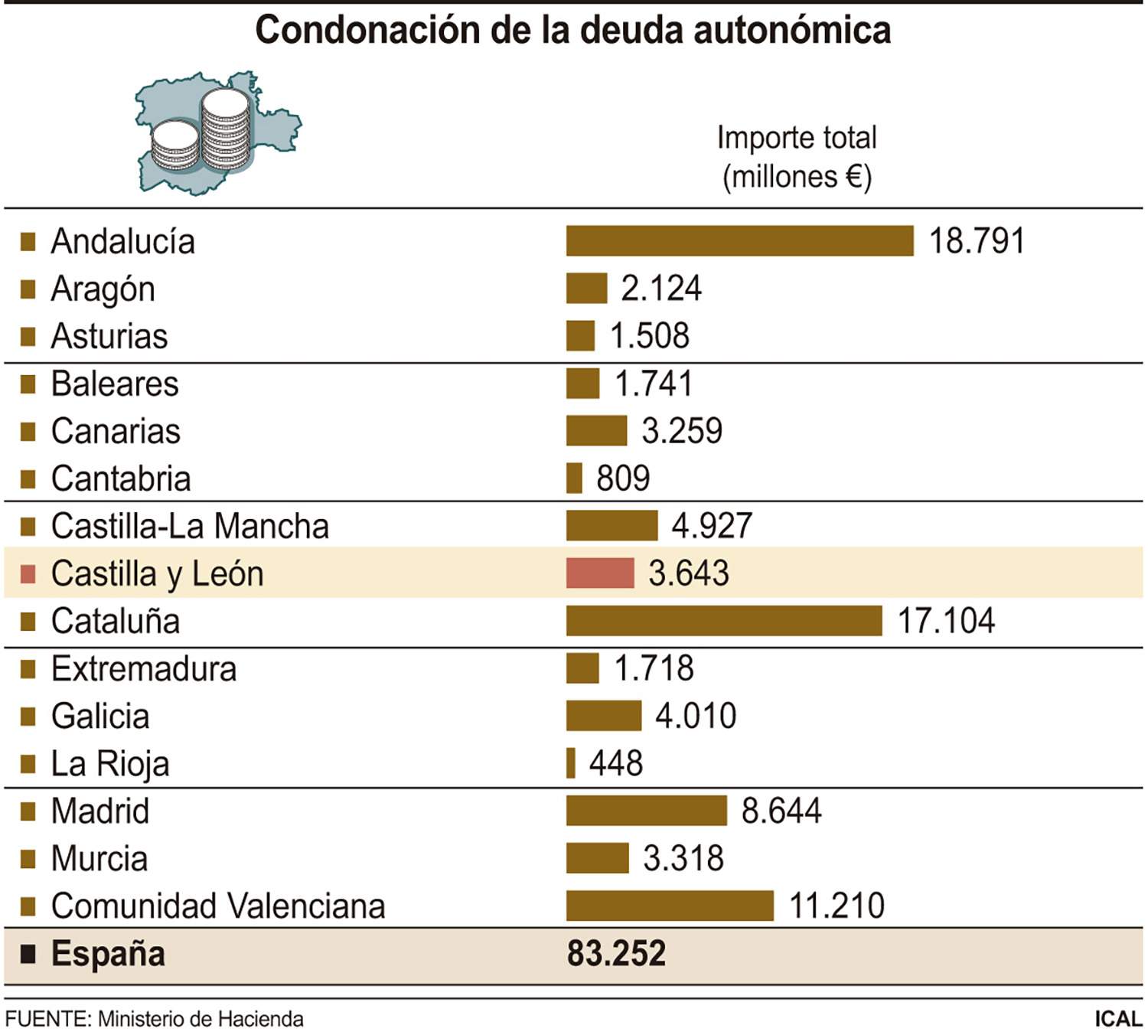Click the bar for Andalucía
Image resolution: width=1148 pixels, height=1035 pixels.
(x=739, y=240)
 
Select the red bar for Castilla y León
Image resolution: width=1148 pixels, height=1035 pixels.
(x=600, y=573)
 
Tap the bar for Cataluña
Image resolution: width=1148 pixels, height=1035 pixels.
(x=723, y=621)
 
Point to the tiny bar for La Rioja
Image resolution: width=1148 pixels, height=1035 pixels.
(x=571, y=763)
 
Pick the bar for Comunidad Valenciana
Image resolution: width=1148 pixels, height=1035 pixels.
(x=670, y=906)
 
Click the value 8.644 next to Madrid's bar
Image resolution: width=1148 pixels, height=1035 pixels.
(x=781, y=811)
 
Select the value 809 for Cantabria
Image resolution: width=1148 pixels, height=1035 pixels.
(x=623, y=478)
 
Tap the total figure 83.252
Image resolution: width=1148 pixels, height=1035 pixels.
(x=616, y=954)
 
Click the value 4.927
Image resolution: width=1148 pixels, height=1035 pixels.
(x=712, y=526)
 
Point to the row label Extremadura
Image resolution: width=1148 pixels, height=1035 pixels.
(x=144, y=669)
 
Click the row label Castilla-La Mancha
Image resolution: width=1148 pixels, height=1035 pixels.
(x=190, y=527)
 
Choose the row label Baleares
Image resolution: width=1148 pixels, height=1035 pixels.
(x=115, y=384)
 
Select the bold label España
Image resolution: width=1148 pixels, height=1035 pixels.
(x=108, y=954)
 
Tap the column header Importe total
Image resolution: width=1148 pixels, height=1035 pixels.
(x=797, y=139)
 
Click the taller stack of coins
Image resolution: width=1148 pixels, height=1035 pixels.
(x=226, y=130)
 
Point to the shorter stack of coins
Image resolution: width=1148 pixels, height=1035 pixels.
(x=175, y=145)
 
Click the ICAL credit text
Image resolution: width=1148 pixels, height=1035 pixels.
(x=1117, y=1019)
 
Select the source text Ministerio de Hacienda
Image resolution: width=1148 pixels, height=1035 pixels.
(x=201, y=1019)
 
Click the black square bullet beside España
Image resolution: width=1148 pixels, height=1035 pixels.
(x=28, y=954)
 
